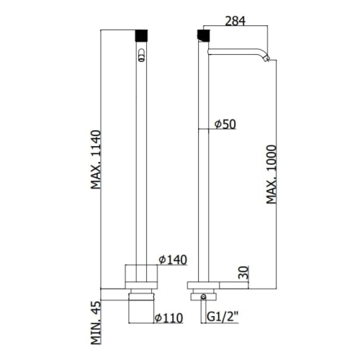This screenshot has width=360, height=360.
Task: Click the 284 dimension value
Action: click(x=235, y=21)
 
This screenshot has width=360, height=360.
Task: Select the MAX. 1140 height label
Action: click(x=96, y=160)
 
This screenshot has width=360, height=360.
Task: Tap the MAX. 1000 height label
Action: click(x=271, y=174)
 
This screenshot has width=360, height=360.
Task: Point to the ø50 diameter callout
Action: click(x=225, y=124)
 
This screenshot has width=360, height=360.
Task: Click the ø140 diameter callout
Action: click(x=173, y=260)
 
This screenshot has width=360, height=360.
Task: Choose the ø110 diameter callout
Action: click(x=168, y=318)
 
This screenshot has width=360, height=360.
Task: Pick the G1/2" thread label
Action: click(x=222, y=318)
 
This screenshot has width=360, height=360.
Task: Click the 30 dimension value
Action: click(x=244, y=272)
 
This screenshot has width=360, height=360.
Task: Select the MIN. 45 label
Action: click(x=96, y=323)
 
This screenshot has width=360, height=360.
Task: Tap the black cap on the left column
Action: click(x=142, y=35)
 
